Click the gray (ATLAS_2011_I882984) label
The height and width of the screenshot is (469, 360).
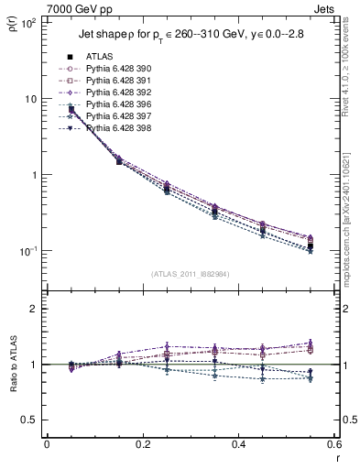coord(190,274)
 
